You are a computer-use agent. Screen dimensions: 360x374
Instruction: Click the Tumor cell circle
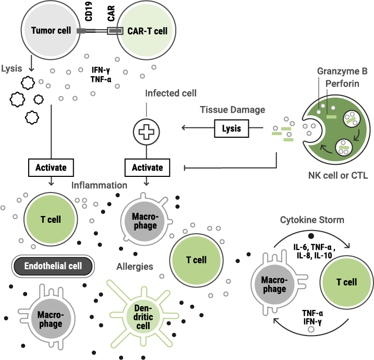51,31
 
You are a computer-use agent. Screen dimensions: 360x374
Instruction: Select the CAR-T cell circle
147,31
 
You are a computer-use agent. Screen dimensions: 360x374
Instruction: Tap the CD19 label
89,13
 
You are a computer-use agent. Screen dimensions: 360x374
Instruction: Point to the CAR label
112,13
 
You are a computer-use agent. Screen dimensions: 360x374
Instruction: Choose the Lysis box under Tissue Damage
232,128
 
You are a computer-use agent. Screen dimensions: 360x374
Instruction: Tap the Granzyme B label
342,71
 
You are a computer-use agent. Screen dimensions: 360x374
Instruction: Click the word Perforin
342,83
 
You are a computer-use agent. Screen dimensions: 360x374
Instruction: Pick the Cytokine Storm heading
312,220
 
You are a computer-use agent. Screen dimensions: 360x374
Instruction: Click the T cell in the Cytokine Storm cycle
346,282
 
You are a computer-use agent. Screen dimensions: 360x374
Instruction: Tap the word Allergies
135,267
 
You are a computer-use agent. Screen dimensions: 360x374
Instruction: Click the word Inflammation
100,185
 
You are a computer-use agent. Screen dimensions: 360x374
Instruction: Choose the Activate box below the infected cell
147,167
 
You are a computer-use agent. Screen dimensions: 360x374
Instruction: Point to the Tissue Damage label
233,110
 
